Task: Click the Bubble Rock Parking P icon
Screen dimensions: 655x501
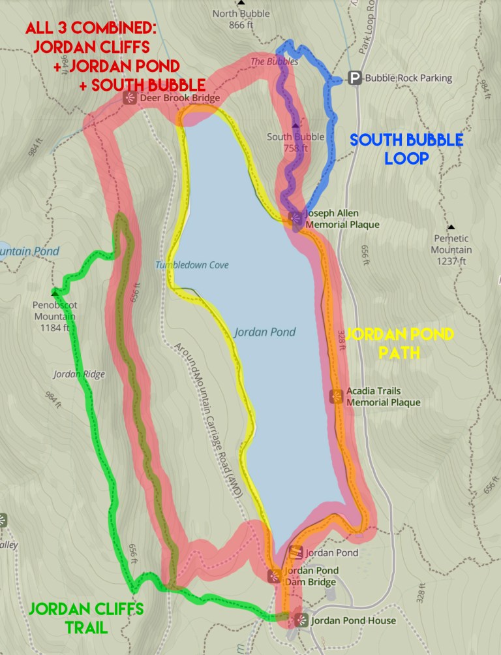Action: [356, 78]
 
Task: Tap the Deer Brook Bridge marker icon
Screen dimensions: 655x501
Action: [129, 99]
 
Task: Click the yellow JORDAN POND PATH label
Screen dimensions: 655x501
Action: [399, 343]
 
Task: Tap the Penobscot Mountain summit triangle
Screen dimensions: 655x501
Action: [54, 293]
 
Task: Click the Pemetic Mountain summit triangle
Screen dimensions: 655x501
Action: [451, 227]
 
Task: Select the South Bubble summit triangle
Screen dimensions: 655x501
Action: [296, 125]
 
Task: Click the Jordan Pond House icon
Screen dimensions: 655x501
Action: [300, 620]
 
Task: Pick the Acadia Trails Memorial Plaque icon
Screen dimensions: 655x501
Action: [337, 396]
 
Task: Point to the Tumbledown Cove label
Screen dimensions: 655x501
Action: [182, 265]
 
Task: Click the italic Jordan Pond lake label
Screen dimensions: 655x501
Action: [265, 332]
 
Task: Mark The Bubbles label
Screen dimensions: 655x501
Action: [275, 61]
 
